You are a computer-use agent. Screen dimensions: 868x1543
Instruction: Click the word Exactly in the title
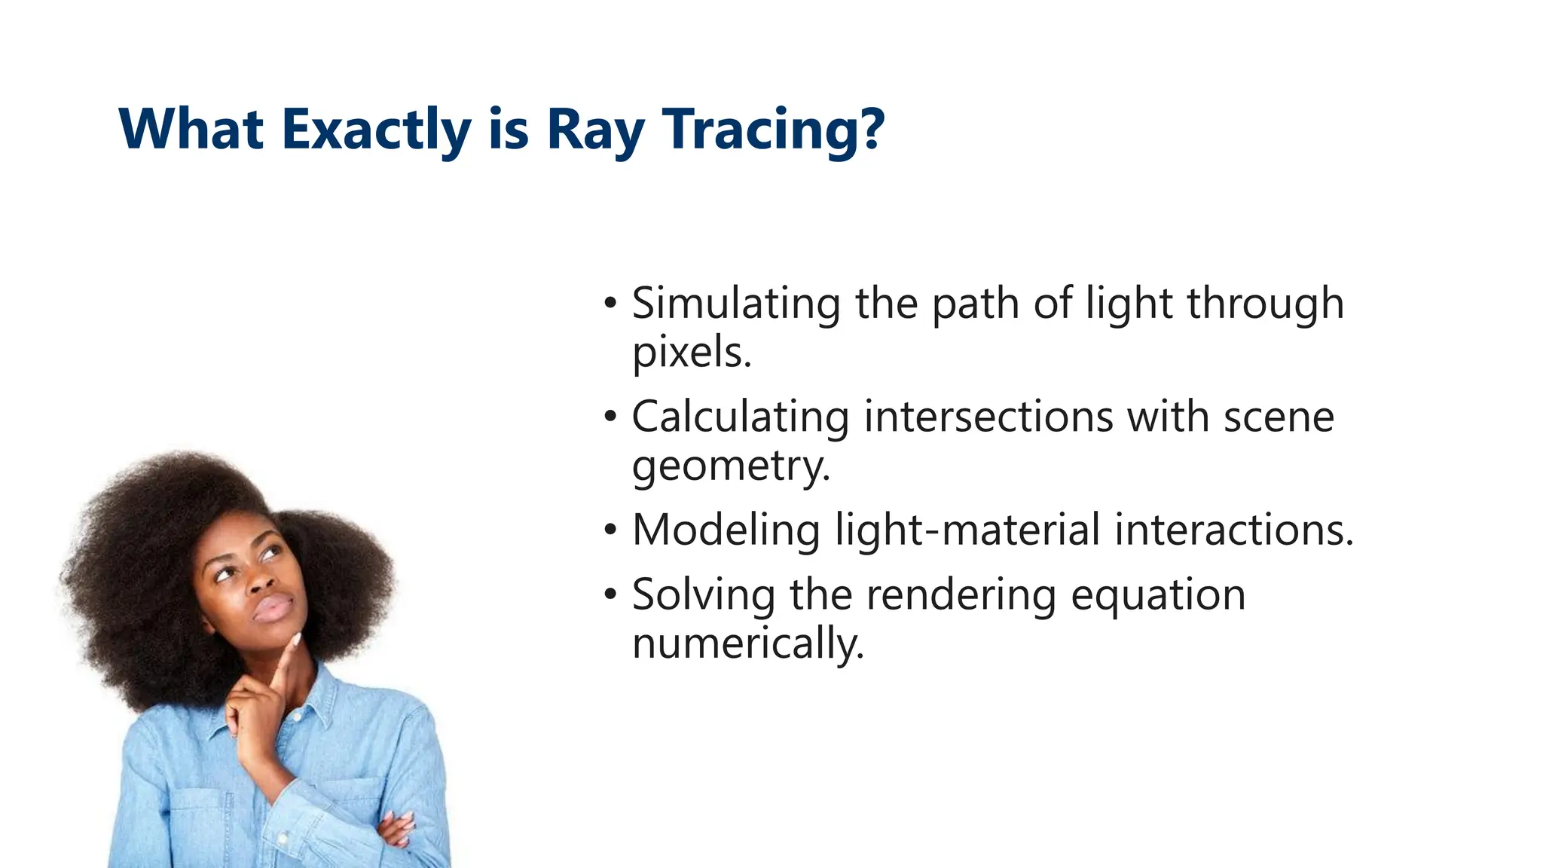[377, 130]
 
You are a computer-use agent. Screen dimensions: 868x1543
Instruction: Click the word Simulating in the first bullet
[735, 304]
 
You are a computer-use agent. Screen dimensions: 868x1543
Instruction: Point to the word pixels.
[691, 353]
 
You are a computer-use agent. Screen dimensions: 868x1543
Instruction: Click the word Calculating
[740, 417]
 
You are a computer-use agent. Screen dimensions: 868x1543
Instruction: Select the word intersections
[988, 417]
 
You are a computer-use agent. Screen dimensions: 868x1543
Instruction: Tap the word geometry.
[730, 466]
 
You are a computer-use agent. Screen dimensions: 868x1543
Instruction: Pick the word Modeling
[726, 530]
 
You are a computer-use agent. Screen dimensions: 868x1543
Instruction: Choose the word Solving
[703, 594]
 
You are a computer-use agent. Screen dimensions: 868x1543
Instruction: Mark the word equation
[1157, 594]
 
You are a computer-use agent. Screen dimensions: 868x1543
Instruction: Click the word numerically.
[747, 644]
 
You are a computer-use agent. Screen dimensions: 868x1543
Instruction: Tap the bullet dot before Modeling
[610, 530]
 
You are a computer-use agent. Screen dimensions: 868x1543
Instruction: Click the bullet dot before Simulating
[610, 304]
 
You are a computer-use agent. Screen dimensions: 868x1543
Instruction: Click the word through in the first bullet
[1265, 304]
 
